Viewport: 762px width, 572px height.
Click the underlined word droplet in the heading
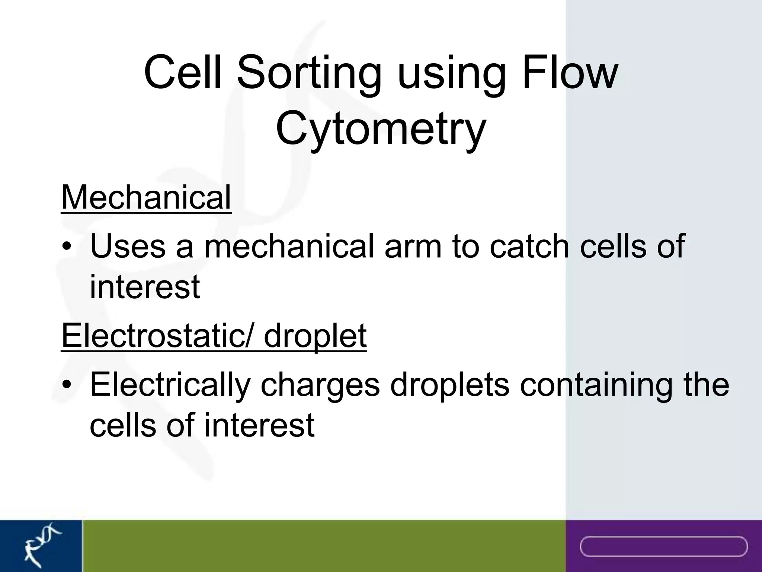[x=315, y=336]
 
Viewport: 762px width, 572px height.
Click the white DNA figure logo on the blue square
[x=41, y=546]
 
